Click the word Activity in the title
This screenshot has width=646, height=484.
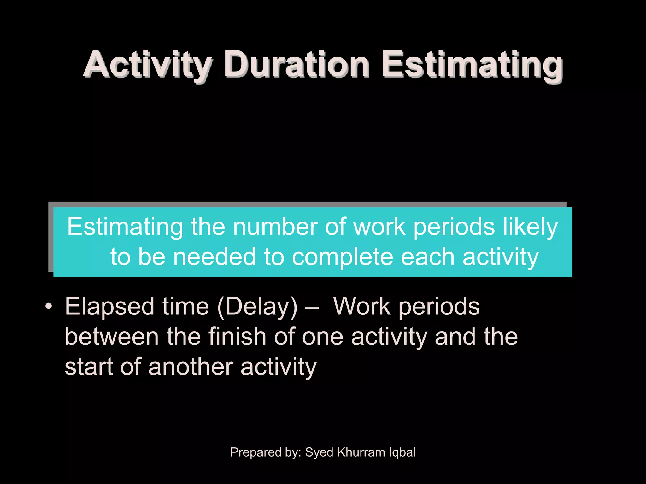pos(147,65)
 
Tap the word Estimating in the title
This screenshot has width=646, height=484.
pos(472,65)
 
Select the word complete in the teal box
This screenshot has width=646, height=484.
pos(343,257)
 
